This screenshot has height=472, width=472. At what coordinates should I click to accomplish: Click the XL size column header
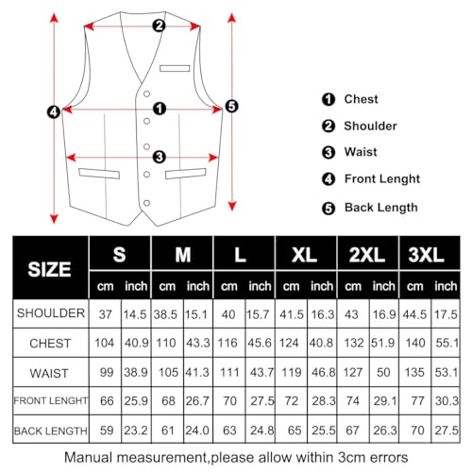point(305,256)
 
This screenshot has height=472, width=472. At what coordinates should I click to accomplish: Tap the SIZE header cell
point(49,268)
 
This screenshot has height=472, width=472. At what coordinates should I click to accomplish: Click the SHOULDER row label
point(51,312)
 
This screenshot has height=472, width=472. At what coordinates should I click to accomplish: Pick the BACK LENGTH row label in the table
point(49,430)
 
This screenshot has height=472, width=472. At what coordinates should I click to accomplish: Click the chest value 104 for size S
point(104,342)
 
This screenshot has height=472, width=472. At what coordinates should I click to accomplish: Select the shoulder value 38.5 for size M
point(167,312)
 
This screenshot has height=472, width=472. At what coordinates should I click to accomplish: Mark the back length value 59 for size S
point(104,430)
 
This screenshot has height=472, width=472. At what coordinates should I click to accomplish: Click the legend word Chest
point(362,99)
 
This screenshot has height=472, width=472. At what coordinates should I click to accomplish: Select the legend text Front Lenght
point(381,178)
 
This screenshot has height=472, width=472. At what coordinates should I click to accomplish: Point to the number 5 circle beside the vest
point(232,107)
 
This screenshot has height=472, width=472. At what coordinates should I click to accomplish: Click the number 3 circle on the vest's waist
point(159,157)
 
